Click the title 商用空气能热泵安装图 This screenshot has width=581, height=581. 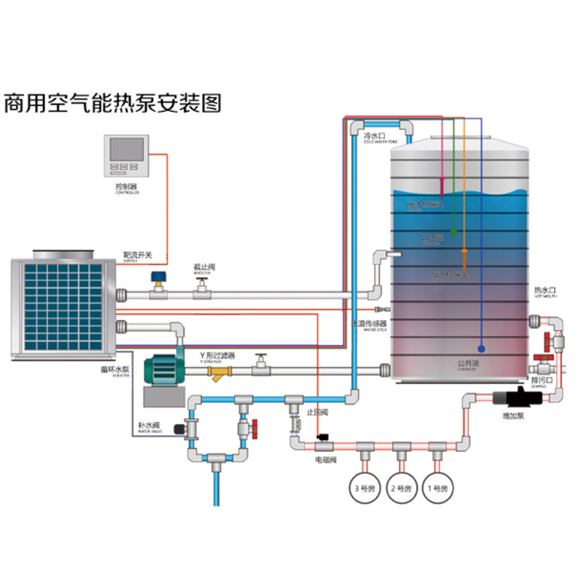point(113,102)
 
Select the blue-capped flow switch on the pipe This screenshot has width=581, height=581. point(156,279)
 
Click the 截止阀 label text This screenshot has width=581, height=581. point(204,267)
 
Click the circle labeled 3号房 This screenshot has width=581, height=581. point(362,487)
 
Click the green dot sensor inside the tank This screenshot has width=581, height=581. point(453,233)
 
